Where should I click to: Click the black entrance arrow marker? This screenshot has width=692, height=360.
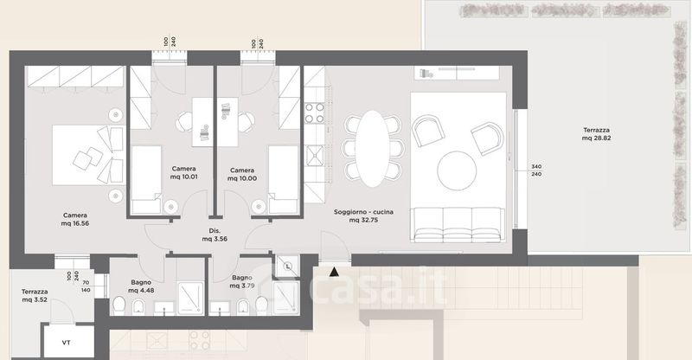pos(334,272)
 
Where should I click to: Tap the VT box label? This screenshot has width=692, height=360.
pos(67,343)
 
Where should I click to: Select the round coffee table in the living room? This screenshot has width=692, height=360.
pos(457,171)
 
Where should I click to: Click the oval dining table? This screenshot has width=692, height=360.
pos(373,149)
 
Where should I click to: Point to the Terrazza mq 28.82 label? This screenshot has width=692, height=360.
pos(596,134)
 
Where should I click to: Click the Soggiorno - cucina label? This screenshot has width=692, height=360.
pos(363,212)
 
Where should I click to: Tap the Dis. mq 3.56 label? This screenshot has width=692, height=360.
pos(215,235)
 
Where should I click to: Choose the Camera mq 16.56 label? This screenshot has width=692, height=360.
pos(75,220)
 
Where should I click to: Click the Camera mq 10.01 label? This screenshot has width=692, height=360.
pos(183,173)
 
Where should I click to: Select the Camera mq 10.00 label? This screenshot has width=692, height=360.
pos(242,175)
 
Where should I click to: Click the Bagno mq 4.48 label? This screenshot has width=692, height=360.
pos(141,286)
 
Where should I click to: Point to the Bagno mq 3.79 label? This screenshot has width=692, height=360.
pos(242,282)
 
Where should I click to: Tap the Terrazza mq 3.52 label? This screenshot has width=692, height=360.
pos(35,295)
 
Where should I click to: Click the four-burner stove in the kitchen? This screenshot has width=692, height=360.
pos(315,112)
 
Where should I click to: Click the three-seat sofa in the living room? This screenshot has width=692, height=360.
pos(458,225)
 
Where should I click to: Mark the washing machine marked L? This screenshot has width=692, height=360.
pos(287,267)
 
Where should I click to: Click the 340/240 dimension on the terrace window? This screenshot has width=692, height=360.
pos(536,170)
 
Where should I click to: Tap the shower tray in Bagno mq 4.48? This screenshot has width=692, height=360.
pos(190,299)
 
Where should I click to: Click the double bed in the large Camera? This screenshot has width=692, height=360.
pos(88,155)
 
